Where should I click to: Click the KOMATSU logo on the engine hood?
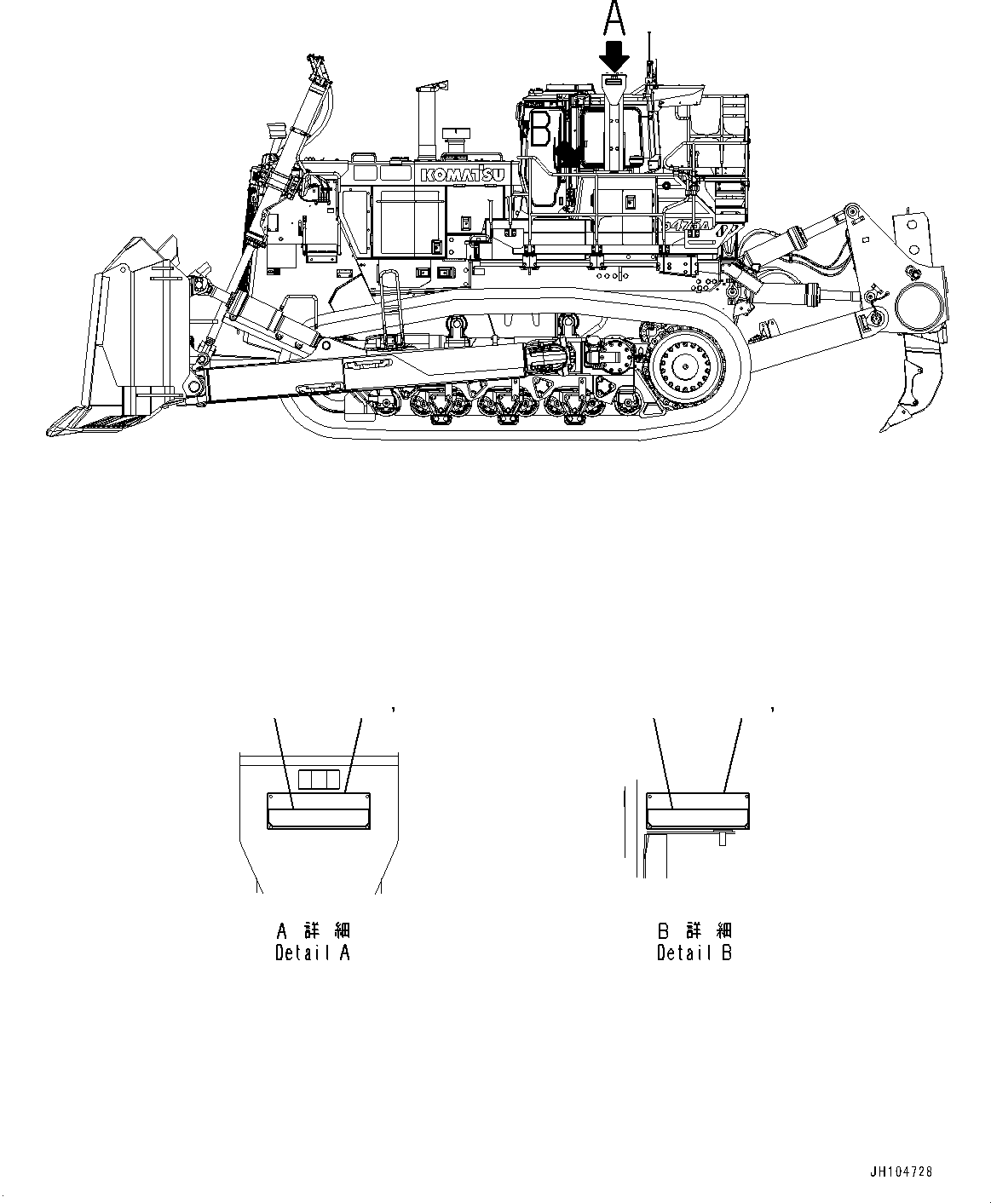coord(461,175)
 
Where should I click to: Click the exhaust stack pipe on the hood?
coord(424,124)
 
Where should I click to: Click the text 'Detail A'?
coord(312,953)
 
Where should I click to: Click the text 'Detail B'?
coord(694,953)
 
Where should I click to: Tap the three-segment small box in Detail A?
coord(319,779)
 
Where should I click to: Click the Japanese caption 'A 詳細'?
coord(313,930)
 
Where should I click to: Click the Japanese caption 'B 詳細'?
coord(694,930)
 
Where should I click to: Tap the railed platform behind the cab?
coord(716,136)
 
